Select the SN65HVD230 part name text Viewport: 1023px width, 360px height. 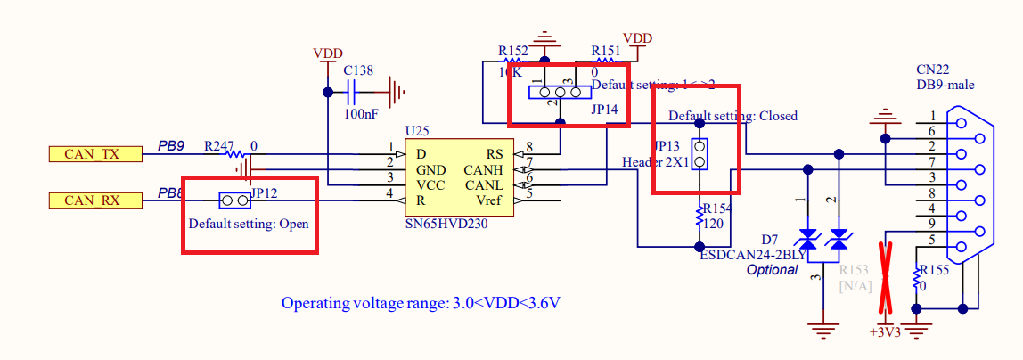coord(446,225)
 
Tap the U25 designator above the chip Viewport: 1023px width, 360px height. coord(416,130)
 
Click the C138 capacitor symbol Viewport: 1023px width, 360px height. coord(354,91)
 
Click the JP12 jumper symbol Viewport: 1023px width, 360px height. coord(234,200)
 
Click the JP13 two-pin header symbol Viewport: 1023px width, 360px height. coord(700,154)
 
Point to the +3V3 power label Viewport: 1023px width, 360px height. coord(886,332)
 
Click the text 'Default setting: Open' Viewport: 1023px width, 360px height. coord(249,223)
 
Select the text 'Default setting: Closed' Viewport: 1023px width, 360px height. coord(732,116)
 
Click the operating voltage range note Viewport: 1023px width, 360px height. coord(421,303)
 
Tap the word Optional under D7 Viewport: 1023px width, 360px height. coord(772,269)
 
